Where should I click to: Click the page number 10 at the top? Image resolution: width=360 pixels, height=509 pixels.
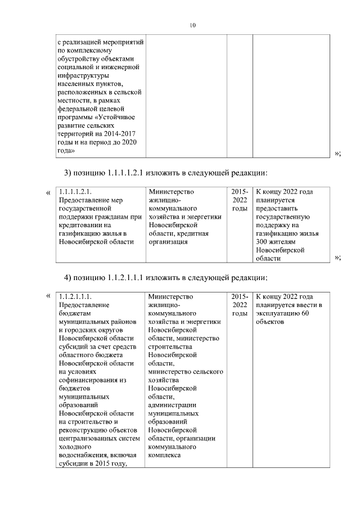pyautogui.click(x=193, y=25)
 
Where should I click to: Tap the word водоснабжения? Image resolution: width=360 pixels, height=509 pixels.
pyautogui.click(x=80, y=456)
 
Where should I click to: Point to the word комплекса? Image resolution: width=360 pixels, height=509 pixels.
pyautogui.click(x=165, y=456)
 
